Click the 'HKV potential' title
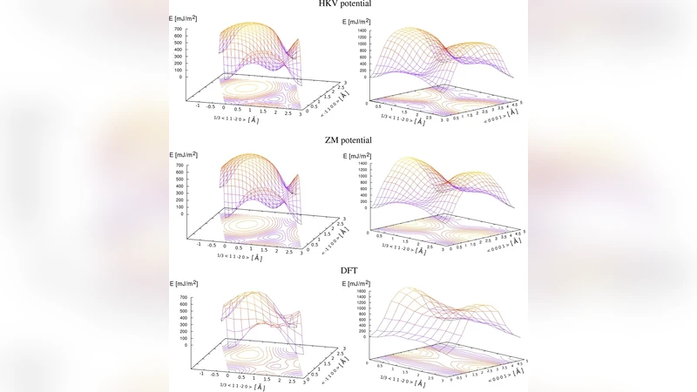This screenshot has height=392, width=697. pos(348,3)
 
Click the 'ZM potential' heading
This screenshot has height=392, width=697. pos(348,139)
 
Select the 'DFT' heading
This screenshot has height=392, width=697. pos(348,271)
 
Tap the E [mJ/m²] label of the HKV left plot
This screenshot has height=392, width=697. pos(185,18)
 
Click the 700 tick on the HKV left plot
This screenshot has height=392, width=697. pos(177,29)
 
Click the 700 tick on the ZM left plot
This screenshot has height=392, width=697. pos(177,165)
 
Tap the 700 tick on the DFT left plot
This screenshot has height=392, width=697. pos(177,297)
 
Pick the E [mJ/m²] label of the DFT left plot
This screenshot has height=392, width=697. pos(185,285)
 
